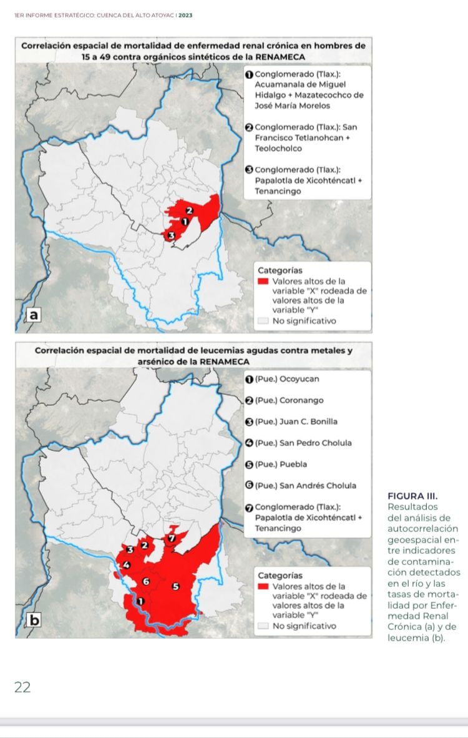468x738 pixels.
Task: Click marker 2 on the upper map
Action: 191,212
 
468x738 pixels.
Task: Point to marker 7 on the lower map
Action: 173,538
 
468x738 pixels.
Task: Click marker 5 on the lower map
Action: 175,586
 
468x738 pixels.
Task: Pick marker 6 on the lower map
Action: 147,581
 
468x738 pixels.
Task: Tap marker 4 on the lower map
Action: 127,565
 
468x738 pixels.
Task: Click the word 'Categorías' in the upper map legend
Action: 280,270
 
